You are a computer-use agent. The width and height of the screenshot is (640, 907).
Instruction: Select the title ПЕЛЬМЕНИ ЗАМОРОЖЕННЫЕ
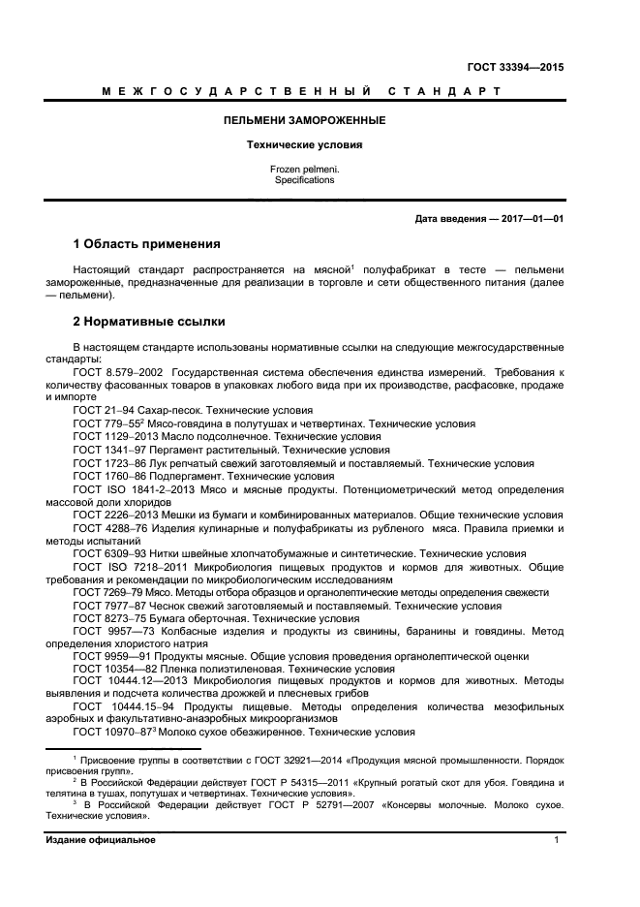pos(303,121)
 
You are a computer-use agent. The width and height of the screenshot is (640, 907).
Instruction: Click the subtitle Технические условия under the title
pos(303,145)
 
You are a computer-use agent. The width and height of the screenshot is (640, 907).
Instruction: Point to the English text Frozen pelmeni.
pos(303,170)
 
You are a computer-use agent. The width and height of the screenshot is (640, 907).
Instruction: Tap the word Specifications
pos(303,180)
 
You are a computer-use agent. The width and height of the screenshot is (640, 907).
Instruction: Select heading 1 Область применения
pos(146,243)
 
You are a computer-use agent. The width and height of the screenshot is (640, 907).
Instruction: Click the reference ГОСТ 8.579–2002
pos(117,372)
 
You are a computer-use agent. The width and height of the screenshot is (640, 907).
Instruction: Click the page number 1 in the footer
pos(557,840)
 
